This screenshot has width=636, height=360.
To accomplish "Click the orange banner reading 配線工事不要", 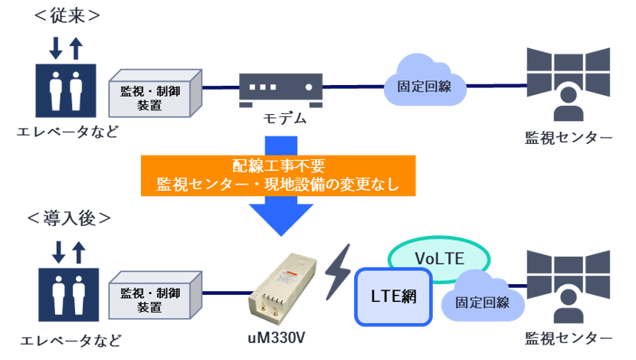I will click(x=277, y=175).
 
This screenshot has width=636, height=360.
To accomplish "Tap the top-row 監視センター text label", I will click(x=569, y=137).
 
